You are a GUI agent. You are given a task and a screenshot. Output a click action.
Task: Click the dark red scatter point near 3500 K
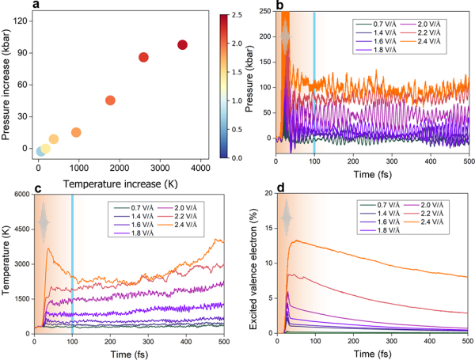(183, 45)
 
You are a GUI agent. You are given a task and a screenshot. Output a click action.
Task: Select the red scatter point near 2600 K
(144, 57)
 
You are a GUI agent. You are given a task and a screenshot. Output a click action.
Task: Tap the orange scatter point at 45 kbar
(110, 100)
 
